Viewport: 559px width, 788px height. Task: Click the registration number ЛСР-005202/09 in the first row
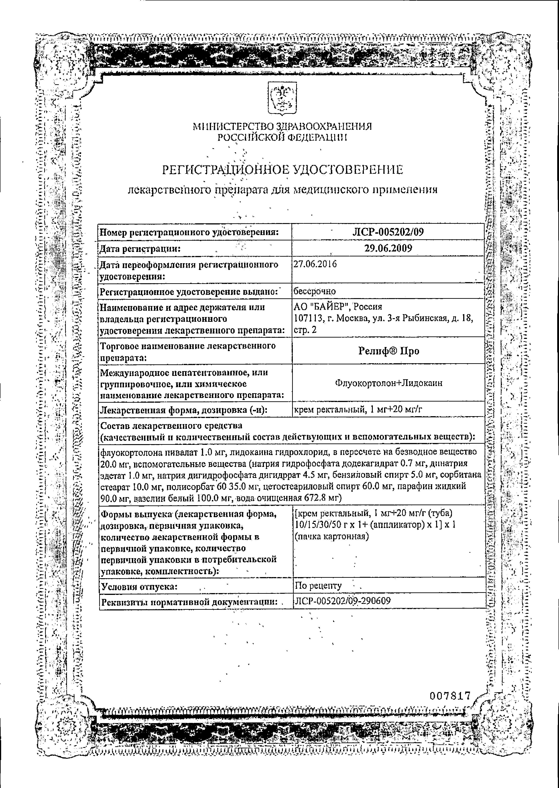(388, 232)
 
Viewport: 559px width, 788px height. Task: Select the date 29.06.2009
(388, 249)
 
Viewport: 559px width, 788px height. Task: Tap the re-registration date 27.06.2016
(315, 264)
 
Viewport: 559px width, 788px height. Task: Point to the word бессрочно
(315, 291)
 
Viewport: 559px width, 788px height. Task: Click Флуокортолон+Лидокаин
(388, 383)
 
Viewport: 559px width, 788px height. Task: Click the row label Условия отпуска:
(139, 586)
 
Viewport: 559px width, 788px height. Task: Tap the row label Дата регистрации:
(140, 249)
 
